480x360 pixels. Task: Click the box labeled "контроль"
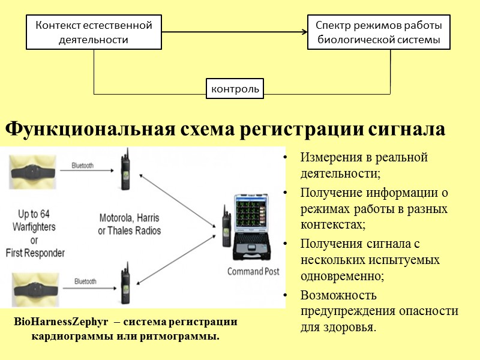[235, 88]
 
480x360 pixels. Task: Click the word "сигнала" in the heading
[406, 130]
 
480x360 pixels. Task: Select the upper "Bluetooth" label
[83, 166]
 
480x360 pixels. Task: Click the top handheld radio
[125, 172]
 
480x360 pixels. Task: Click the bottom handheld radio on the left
[125, 283]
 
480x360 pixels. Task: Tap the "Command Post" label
[253, 271]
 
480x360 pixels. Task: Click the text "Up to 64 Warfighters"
[37, 220]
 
